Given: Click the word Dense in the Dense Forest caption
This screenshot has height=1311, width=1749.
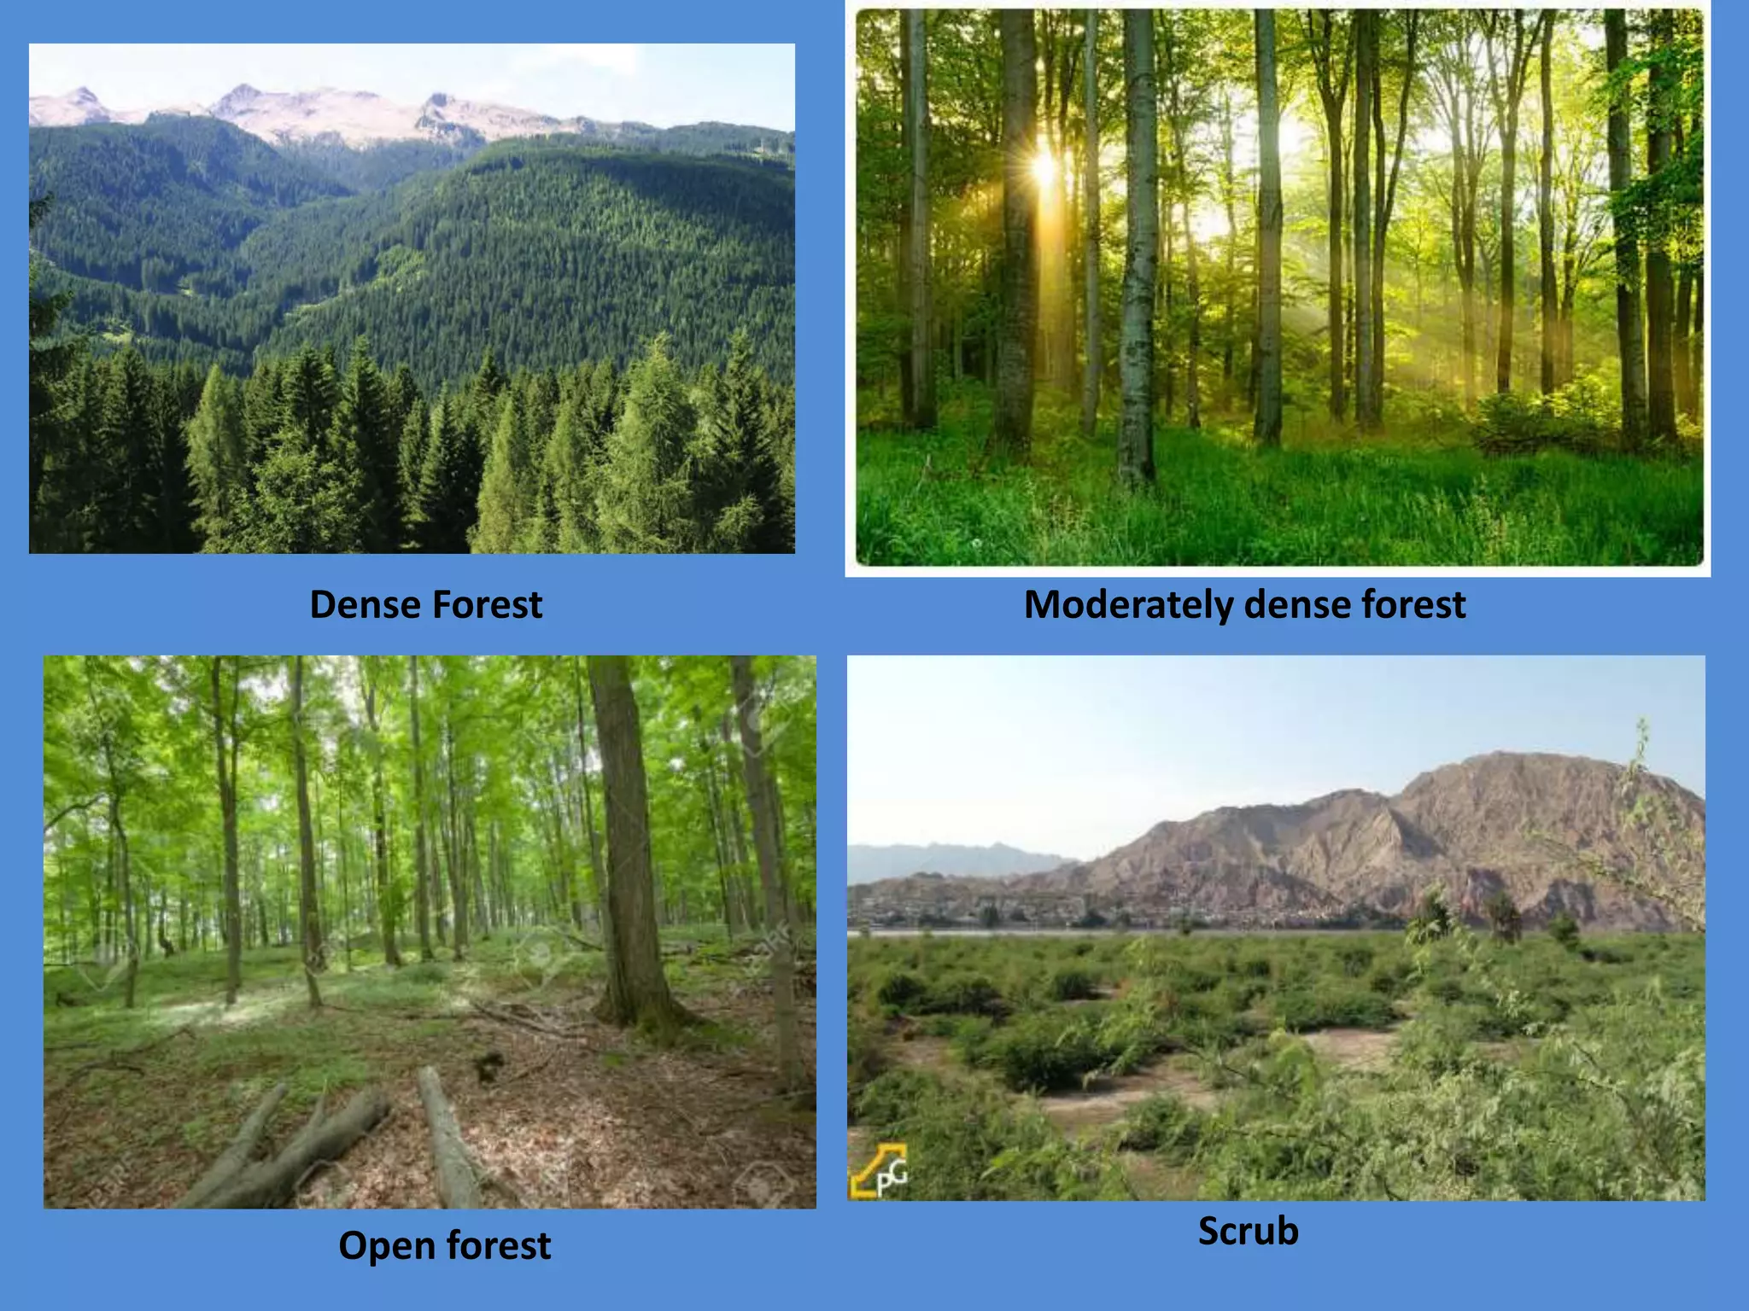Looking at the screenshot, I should [364, 604].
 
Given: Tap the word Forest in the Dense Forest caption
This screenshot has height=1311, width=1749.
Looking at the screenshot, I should [487, 604].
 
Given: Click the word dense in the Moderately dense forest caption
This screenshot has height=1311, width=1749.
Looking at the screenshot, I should [1297, 604].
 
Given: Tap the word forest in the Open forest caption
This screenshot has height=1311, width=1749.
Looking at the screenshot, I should [499, 1245].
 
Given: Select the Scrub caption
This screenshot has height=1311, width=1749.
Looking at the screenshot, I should [1248, 1231].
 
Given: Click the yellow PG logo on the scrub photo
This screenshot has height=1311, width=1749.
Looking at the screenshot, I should [879, 1171].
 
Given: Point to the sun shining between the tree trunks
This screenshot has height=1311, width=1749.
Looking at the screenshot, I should [1044, 166].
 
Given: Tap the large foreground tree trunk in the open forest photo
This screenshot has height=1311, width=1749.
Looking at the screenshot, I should [628, 854].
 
